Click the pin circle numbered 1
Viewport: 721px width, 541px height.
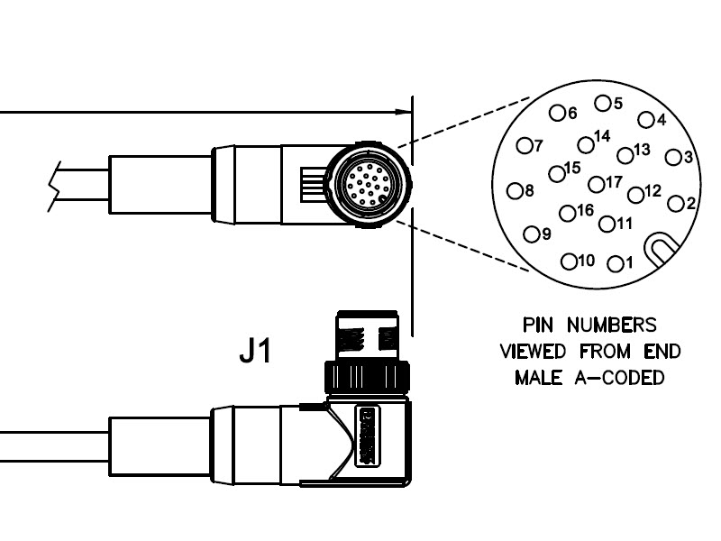[x=616, y=264]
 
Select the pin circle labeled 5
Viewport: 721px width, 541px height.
[x=601, y=104]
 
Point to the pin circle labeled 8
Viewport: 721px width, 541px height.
[x=515, y=190]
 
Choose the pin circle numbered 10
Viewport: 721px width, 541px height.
[x=569, y=262]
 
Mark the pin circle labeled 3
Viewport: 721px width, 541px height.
[x=672, y=158]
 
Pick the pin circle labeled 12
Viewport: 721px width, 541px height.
[x=635, y=194]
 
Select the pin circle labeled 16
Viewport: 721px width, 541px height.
[x=567, y=214]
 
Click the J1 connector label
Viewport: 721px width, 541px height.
[x=255, y=352]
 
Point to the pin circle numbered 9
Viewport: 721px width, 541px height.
[x=531, y=234]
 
